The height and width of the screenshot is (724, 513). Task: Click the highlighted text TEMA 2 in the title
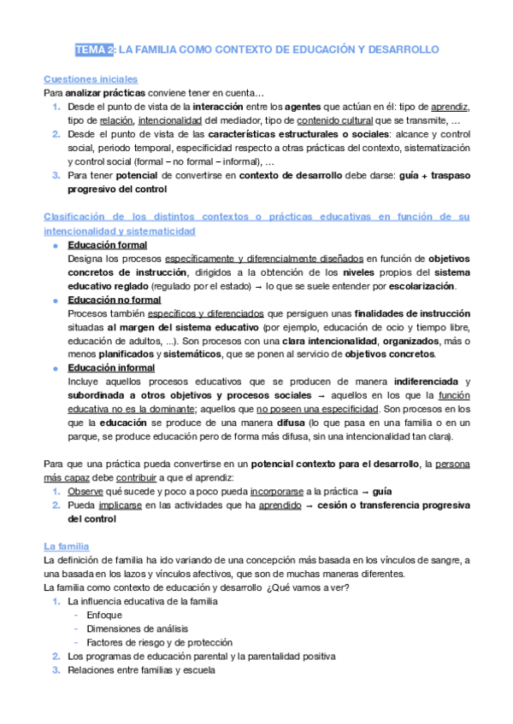(93, 50)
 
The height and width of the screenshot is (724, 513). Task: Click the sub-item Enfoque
(103, 615)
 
